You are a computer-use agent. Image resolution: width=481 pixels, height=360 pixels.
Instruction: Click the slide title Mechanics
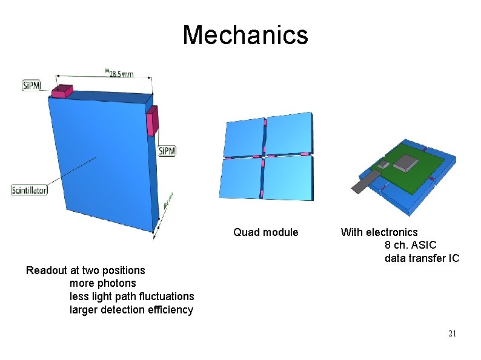[x=245, y=34]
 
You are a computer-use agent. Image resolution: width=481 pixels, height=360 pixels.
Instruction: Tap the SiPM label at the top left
[x=32, y=85]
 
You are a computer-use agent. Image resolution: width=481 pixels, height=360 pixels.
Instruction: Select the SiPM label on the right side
[x=167, y=150]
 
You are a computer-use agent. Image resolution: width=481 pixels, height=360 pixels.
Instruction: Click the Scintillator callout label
[x=29, y=190]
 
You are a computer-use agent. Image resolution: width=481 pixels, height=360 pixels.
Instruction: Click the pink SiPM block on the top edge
[x=62, y=91]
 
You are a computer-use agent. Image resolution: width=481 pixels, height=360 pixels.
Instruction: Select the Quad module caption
[x=266, y=232]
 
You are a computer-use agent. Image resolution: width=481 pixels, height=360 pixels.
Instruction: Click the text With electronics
[x=379, y=232]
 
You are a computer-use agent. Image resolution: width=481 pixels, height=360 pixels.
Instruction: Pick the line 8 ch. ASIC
[x=410, y=246]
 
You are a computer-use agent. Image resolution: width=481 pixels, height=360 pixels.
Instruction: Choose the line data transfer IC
[x=422, y=259]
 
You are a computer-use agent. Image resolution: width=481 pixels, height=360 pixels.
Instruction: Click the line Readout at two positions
[x=85, y=270]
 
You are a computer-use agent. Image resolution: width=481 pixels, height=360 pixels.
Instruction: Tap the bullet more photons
[x=103, y=283]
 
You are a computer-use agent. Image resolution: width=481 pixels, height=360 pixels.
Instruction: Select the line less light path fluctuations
[x=132, y=296]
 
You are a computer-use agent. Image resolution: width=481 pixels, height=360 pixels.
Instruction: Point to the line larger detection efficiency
[x=131, y=310]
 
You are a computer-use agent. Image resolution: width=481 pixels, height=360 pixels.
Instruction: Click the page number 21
[x=452, y=333]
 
